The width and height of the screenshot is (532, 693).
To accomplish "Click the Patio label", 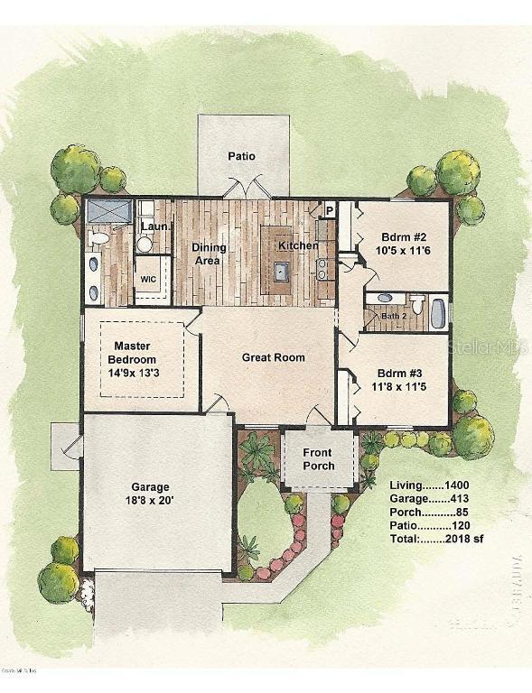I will point(241,156).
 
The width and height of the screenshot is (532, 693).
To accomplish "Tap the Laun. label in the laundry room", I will point(154,226).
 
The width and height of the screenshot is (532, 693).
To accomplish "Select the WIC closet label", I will point(148,279).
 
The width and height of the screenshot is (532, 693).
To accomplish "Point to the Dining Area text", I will point(209,254).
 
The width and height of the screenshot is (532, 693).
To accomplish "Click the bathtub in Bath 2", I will point(438,312).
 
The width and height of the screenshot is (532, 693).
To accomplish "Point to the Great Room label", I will point(274,357).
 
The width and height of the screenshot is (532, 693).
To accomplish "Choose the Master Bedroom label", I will point(138,353).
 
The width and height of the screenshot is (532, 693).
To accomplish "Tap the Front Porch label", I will point(317,459).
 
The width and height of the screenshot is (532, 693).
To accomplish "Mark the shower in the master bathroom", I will point(108,214).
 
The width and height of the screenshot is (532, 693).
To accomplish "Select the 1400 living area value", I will point(451,485).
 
